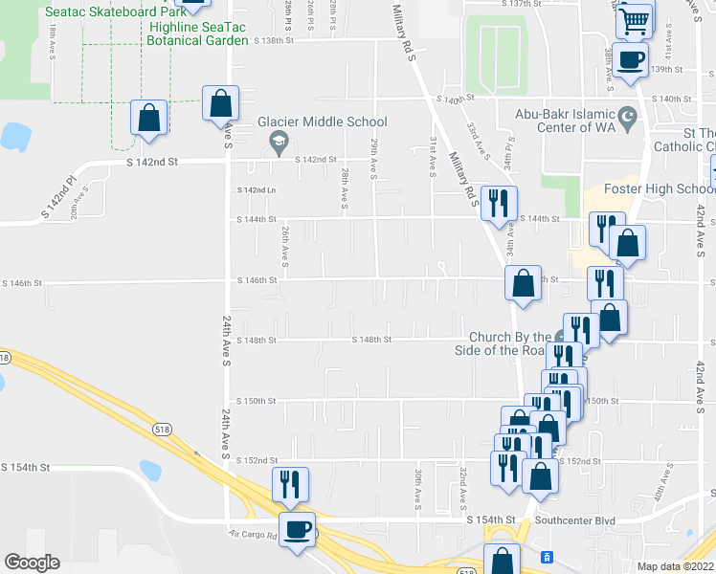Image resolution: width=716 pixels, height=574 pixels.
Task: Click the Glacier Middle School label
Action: pyautogui.click(x=322, y=121)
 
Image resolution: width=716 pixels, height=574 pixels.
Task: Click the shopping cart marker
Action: pyautogui.click(x=634, y=20)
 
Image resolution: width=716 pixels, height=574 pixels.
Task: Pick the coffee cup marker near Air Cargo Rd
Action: pyautogui.click(x=296, y=530)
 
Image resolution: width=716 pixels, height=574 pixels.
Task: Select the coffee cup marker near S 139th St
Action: pyautogui.click(x=630, y=61)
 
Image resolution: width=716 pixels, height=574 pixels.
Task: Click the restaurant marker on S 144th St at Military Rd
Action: pyautogui.click(x=499, y=203)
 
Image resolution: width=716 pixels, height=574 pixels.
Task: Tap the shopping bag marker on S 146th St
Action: pyautogui.click(x=523, y=283)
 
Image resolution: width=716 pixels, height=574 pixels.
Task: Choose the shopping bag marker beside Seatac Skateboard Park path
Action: pyautogui.click(x=149, y=118)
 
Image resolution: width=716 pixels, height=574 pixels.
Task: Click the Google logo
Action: pyautogui.click(x=32, y=563)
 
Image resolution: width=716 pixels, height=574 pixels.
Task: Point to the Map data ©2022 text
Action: pyautogui.click(x=675, y=566)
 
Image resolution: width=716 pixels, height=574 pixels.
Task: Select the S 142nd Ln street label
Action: pyautogui.click(x=257, y=190)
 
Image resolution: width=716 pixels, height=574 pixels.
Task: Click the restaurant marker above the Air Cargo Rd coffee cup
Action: pyautogui.click(x=288, y=484)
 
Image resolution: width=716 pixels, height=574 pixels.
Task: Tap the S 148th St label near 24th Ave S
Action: pyautogui.click(x=257, y=340)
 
